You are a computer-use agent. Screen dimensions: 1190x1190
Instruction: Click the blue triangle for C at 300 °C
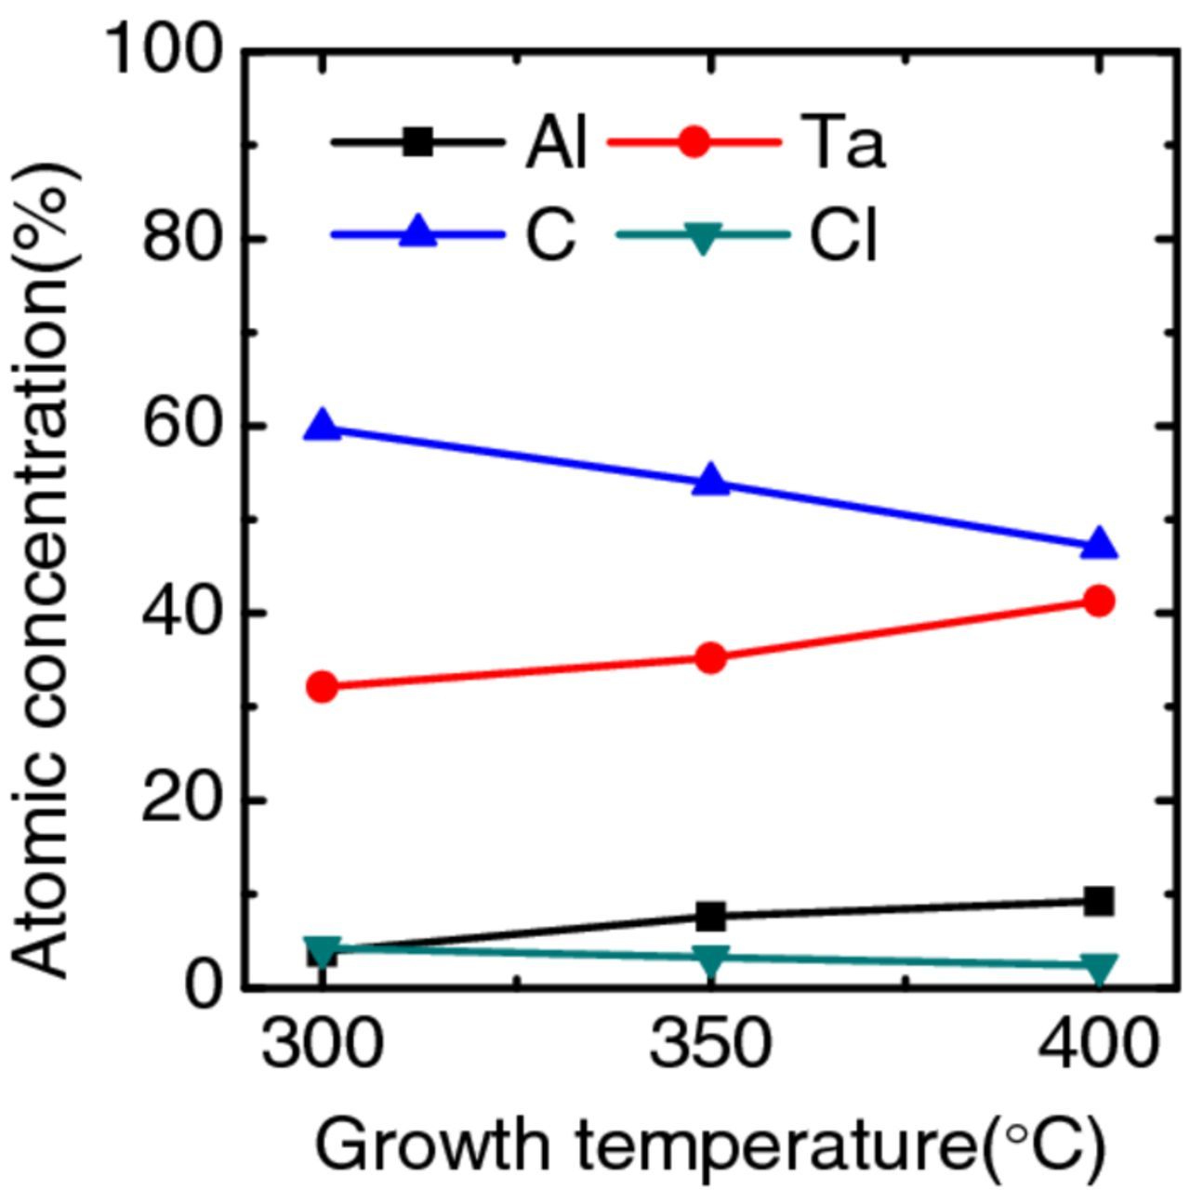pyautogui.click(x=323, y=427)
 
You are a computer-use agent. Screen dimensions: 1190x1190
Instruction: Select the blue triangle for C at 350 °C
pyautogui.click(x=711, y=481)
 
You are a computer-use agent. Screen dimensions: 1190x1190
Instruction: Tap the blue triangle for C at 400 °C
pyautogui.click(x=1100, y=544)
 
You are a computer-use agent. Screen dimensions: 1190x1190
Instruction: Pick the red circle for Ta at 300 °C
pyautogui.click(x=323, y=687)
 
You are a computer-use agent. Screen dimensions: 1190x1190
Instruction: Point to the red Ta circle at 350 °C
pyautogui.click(x=711, y=658)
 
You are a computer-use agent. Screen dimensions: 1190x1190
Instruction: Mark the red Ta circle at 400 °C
pyautogui.click(x=1099, y=602)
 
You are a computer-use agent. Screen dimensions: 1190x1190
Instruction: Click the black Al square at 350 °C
pyautogui.click(x=711, y=917)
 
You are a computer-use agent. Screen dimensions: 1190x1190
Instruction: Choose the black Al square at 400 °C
pyautogui.click(x=1099, y=901)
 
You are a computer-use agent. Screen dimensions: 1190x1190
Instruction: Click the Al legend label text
pyautogui.click(x=556, y=145)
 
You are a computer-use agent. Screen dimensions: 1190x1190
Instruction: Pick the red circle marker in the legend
pyautogui.click(x=694, y=142)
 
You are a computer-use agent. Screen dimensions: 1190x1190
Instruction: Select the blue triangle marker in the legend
pyautogui.click(x=417, y=232)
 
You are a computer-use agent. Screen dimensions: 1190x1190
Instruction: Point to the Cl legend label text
pyautogui.click(x=842, y=236)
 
